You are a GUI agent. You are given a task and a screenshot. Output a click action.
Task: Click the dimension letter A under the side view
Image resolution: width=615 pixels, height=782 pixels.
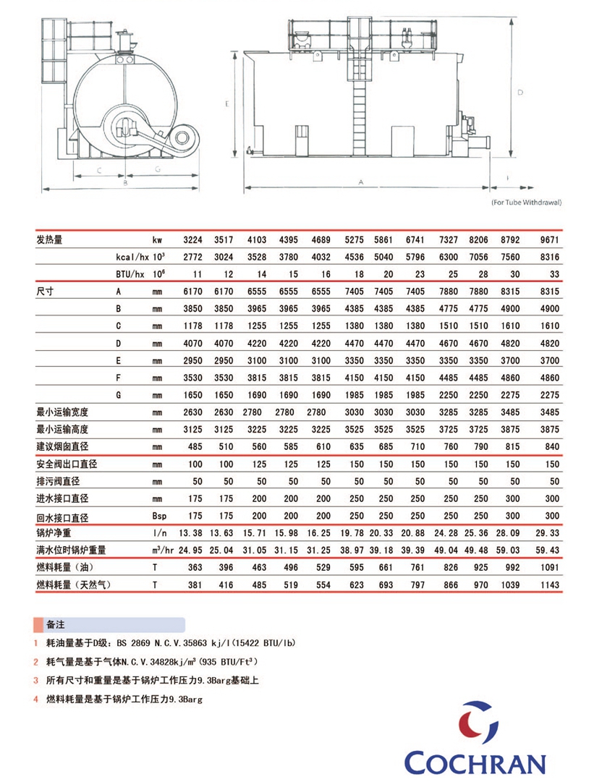[x=360, y=182]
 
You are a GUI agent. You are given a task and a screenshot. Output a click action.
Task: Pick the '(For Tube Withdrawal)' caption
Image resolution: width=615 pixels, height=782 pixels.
[x=525, y=203]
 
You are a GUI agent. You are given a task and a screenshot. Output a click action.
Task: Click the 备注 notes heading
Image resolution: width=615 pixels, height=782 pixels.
[x=56, y=624]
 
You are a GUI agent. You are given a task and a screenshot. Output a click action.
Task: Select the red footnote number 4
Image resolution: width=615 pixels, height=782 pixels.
[x=35, y=699]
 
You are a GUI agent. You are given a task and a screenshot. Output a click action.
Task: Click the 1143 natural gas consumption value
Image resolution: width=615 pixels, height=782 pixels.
[x=550, y=584]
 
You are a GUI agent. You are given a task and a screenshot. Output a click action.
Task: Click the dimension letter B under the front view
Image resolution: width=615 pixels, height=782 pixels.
[x=124, y=184]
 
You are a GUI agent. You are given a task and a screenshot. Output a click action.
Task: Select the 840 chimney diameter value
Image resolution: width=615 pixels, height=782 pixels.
[x=552, y=446]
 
